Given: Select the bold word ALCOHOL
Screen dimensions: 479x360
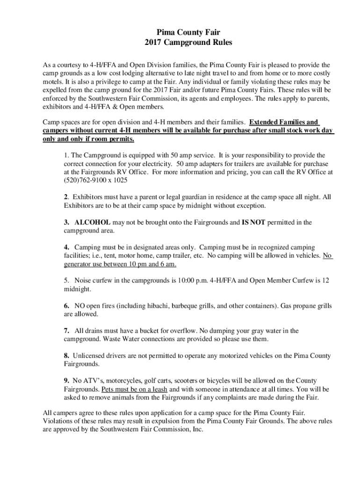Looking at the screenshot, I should tap(92, 222).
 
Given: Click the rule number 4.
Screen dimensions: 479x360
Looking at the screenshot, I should tap(66, 247).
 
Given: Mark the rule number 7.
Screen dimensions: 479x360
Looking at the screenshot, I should tap(66, 331).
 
